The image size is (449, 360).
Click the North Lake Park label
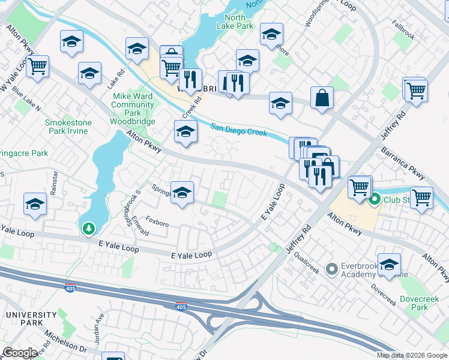point(236,22)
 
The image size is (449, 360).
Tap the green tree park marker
point(89,228)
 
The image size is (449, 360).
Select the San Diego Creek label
point(239,130)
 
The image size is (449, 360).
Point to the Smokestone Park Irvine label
point(68,127)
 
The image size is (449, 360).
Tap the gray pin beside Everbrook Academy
point(330,269)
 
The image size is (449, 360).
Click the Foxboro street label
point(157,224)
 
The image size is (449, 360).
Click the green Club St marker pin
point(375,199)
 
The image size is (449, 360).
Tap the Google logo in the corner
point(20,353)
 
